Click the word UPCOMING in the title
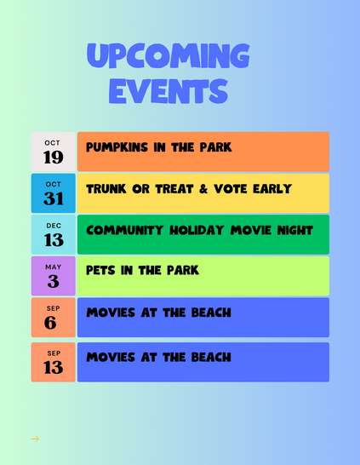(169, 55)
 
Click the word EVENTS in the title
(169, 91)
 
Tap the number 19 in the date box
(54, 157)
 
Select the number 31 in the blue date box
(54, 198)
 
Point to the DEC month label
(54, 226)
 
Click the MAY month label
(54, 267)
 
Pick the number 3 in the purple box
(54, 281)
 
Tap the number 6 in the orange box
(50, 323)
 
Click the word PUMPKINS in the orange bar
(117, 147)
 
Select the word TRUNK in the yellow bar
(106, 189)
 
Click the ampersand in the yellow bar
(203, 189)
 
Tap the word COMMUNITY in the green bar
(125, 231)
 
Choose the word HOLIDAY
(197, 231)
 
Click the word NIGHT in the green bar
(294, 231)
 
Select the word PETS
(100, 271)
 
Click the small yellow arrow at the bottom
(35, 439)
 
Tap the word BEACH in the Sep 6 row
(211, 313)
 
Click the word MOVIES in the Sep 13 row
(111, 357)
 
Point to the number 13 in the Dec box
(54, 239)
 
